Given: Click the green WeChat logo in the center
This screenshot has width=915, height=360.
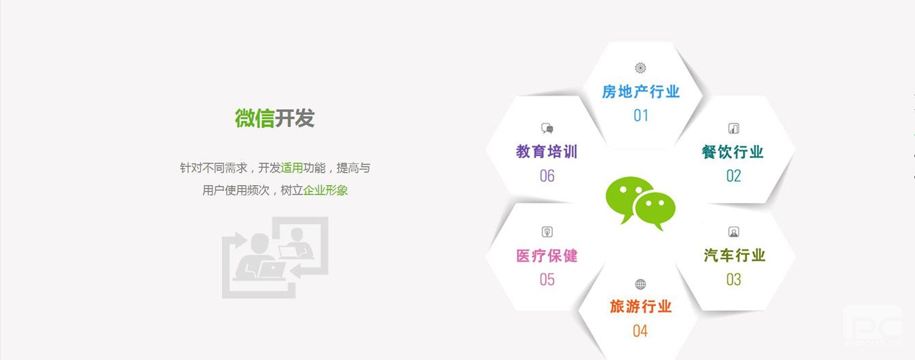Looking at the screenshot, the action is coord(640,203).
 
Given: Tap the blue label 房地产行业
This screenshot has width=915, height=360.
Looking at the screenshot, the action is coord(640,92).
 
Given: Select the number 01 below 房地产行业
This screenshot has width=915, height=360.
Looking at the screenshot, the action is coord(641,116).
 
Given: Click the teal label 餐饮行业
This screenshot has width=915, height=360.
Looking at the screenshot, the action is coord(733,152).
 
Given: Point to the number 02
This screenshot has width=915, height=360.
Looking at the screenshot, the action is coord(734,176).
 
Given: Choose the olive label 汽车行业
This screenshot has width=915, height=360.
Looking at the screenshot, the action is coord(734,255).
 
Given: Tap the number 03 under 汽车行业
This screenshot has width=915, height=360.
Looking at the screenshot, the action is coord(734,279).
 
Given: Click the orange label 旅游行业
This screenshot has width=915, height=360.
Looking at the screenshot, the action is coord(640,307).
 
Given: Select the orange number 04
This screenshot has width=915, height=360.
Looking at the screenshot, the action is coord(640,331).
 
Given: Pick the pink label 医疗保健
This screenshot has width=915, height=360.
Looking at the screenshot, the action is coord(547,256).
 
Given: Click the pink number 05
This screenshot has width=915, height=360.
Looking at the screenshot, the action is coord(547,279).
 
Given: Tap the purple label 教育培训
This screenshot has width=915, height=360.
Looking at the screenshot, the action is coord(547,152).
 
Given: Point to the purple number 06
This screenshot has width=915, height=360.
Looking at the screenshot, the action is coord(547,176).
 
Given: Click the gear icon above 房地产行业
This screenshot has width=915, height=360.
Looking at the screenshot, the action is coord(640,68).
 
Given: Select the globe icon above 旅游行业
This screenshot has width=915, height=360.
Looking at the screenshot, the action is coord(640,284).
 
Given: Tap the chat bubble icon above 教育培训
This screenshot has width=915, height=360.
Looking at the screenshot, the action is coord(547,128).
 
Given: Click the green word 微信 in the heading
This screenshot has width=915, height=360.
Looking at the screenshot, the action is coord(254,118).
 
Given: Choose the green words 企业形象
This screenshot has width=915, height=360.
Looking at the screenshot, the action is coord(325,190).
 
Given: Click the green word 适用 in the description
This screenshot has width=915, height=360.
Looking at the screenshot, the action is coord(292,168).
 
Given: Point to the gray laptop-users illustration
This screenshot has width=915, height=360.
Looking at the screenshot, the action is coord(275,257).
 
